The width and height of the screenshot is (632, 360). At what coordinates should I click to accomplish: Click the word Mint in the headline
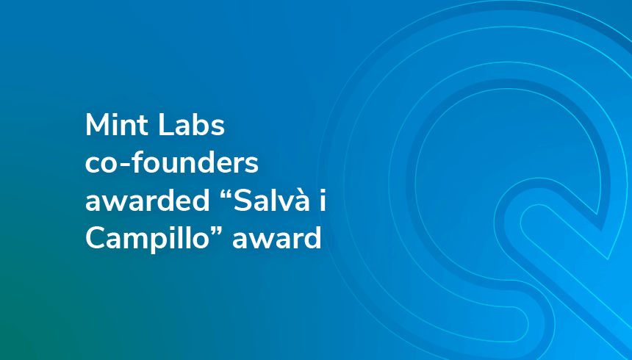[117, 125]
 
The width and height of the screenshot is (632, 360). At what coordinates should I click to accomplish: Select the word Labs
[191, 125]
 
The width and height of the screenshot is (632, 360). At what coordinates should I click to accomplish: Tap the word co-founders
[172, 163]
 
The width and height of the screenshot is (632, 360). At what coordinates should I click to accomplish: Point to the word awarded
[148, 201]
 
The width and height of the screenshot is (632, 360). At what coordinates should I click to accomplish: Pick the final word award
[276, 238]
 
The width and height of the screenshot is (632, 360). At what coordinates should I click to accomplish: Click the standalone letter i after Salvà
[322, 201]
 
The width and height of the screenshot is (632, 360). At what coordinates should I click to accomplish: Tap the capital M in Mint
[97, 126]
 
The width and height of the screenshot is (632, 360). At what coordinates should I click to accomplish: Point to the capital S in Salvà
[243, 201]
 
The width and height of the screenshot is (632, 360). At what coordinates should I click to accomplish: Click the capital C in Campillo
[95, 239]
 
